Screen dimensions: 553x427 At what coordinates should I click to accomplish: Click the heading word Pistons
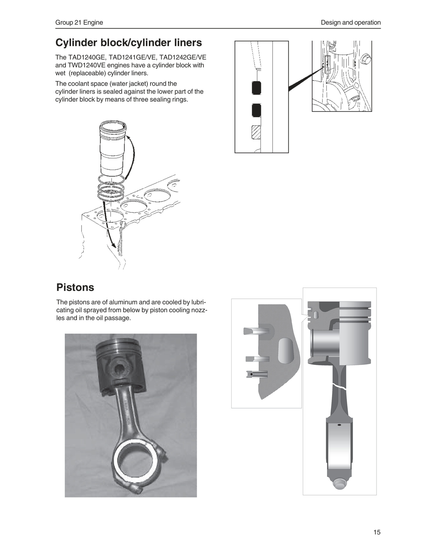point(75,287)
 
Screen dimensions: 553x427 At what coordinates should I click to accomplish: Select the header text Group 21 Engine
point(79,22)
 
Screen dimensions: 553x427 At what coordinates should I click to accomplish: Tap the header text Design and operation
point(351,22)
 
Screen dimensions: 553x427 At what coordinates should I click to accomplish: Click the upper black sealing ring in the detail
point(256,88)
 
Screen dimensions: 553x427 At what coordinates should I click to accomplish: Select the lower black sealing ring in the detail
point(256,110)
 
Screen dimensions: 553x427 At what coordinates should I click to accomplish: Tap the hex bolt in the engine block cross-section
point(366,59)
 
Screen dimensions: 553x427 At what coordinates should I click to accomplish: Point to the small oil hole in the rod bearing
point(339,425)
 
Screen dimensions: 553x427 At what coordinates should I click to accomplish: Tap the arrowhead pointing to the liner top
point(127,137)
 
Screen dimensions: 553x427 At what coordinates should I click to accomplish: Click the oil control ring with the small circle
point(257,374)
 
